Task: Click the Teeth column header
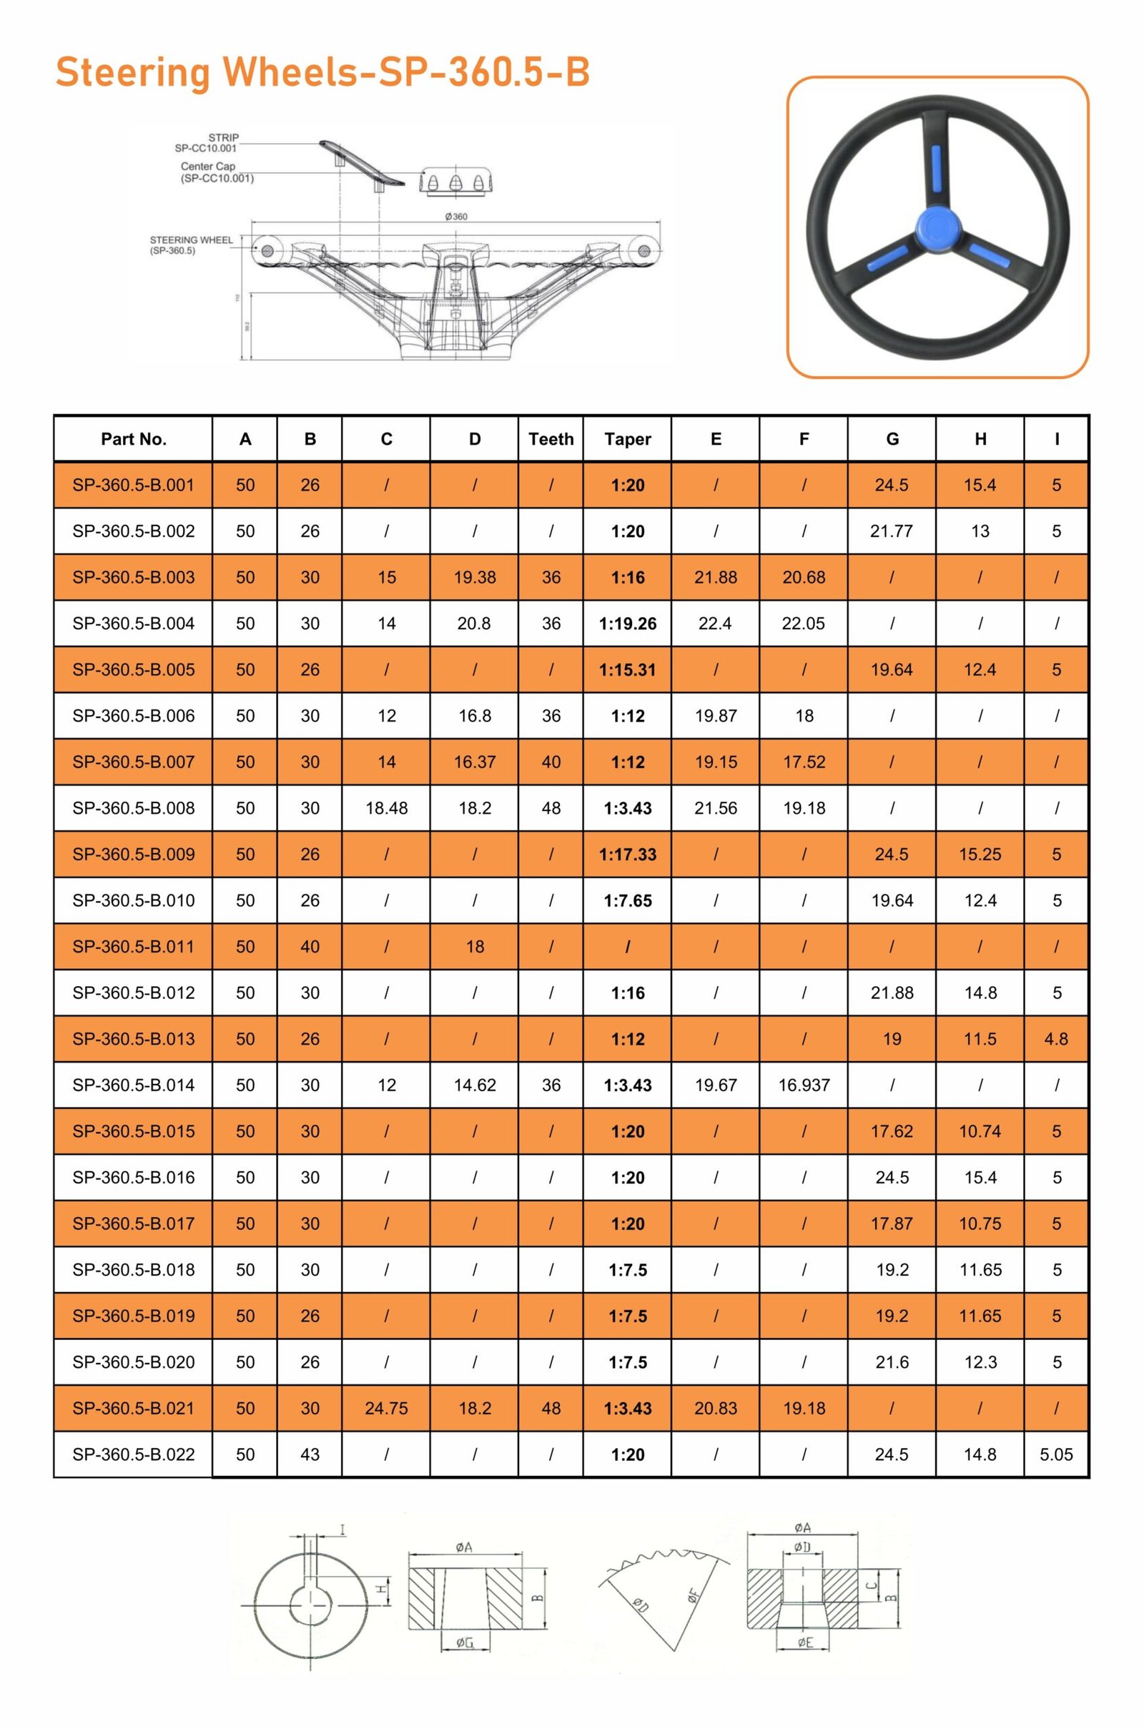click(551, 439)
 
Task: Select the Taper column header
click(628, 439)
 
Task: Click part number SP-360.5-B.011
click(134, 947)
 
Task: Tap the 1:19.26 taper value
click(628, 624)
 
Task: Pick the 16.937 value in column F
click(804, 1085)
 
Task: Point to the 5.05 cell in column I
click(1056, 1454)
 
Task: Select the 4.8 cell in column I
click(1056, 1039)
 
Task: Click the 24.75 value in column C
click(387, 1409)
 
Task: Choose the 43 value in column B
click(310, 1454)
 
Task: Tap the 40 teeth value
click(551, 762)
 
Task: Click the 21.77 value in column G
click(892, 531)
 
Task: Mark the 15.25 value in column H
click(980, 854)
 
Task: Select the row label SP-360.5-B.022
click(134, 1454)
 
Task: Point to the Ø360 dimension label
click(456, 217)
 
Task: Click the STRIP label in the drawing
click(223, 137)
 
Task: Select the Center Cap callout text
click(209, 167)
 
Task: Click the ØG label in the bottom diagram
click(465, 1643)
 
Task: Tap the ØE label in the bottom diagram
click(804, 1643)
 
